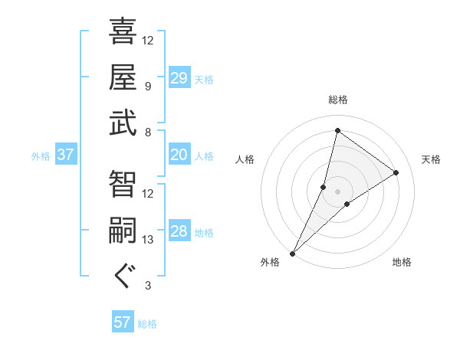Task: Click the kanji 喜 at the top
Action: click(x=123, y=33)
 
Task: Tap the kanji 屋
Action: click(x=123, y=77)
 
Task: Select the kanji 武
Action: click(x=123, y=123)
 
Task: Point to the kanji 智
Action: click(x=123, y=185)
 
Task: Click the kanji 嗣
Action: click(x=123, y=231)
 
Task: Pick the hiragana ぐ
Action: click(x=123, y=276)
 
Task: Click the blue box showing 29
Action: click(x=179, y=79)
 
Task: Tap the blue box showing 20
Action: click(x=179, y=155)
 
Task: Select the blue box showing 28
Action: click(x=179, y=232)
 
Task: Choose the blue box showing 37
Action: click(x=66, y=155)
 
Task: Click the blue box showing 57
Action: click(x=123, y=322)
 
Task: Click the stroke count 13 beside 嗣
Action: click(x=148, y=240)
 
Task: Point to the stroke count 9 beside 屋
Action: click(x=147, y=87)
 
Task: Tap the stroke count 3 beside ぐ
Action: click(x=147, y=286)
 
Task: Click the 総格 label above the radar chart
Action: click(x=337, y=100)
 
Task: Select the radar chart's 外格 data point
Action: click(x=292, y=254)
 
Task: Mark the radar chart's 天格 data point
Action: click(x=396, y=172)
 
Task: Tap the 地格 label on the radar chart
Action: click(x=402, y=263)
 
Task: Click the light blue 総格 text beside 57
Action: click(x=148, y=324)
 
